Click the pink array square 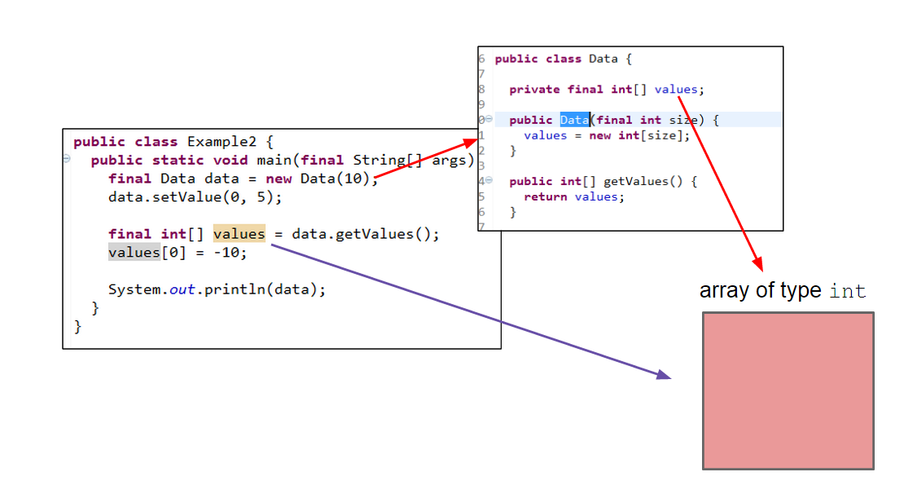(788, 390)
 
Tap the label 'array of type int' (782, 291)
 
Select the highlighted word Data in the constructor (574, 120)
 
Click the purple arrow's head (664, 375)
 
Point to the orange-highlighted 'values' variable (239, 234)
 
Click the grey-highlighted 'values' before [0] (134, 253)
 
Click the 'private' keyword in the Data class (534, 90)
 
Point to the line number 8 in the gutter (481, 89)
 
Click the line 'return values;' (573, 196)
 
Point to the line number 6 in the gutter (481, 59)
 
